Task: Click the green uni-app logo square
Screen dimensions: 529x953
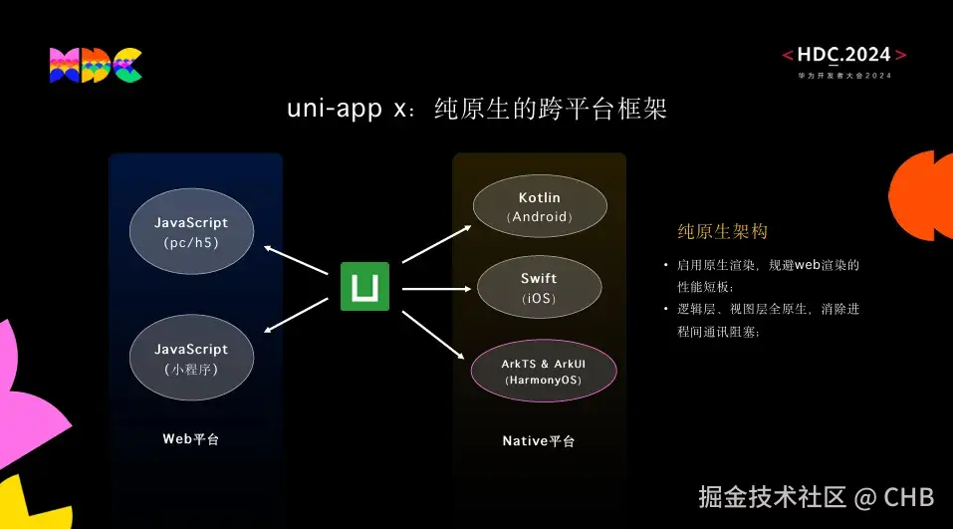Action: click(x=364, y=287)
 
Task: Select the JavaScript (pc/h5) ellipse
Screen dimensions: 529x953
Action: click(x=192, y=232)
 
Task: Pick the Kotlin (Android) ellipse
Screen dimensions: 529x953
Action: click(x=539, y=206)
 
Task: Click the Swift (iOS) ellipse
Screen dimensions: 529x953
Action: click(x=539, y=288)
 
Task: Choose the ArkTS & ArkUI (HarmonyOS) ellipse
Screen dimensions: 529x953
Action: click(x=544, y=371)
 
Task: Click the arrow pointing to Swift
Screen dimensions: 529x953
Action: click(x=434, y=289)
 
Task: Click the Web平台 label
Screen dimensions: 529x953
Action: click(x=191, y=438)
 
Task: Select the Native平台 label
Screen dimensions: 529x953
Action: click(x=539, y=440)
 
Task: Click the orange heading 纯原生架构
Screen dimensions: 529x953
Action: click(x=722, y=232)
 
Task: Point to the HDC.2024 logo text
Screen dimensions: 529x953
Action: click(x=844, y=56)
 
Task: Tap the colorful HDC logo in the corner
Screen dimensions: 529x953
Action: click(x=96, y=65)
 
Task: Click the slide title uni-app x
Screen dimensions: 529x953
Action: click(x=476, y=109)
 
